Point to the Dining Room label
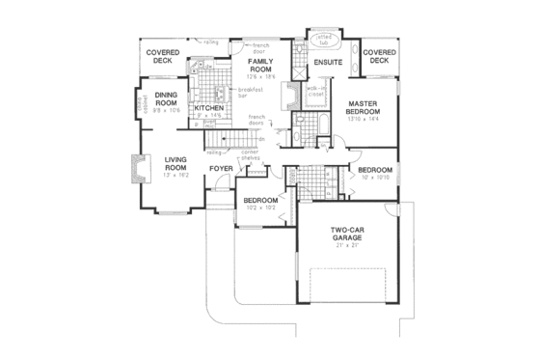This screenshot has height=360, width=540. [x=168, y=98]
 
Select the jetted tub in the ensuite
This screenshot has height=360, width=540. [x=322, y=41]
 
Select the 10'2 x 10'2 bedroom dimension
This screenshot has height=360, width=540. [x=260, y=207]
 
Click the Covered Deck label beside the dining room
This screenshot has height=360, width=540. [x=160, y=57]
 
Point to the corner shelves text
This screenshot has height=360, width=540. [x=251, y=154]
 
